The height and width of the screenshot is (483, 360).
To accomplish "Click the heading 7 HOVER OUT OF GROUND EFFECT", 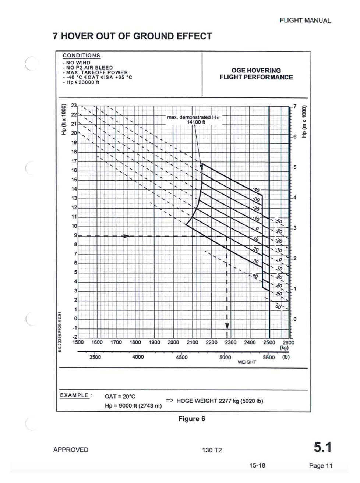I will [132, 36].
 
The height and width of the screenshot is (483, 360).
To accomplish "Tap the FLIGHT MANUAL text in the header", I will [305, 21].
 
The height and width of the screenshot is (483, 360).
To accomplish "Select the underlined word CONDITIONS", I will [81, 56].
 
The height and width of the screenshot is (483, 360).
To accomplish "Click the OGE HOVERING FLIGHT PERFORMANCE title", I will [256, 74].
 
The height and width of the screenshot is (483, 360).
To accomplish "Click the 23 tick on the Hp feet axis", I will [74, 106].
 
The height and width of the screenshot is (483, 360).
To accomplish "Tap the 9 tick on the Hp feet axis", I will [75, 235].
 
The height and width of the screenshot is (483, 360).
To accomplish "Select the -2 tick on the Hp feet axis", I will [74, 337].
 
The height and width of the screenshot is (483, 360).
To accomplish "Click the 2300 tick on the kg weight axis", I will [230, 342].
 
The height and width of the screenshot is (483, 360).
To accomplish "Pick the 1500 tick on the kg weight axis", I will [78, 342].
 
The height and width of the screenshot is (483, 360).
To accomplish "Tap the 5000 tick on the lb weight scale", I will [225, 357].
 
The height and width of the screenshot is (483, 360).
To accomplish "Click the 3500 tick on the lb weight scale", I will [95, 357].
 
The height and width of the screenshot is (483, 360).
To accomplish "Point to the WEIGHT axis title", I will [247, 362].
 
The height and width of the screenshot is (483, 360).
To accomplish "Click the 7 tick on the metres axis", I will [294, 106].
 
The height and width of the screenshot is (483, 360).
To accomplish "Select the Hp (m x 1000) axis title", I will [304, 122].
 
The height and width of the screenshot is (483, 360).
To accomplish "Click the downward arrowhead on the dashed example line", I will [227, 326].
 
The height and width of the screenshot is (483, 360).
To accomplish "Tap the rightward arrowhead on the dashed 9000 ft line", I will [126, 236].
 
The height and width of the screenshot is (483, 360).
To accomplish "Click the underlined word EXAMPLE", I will [75, 395].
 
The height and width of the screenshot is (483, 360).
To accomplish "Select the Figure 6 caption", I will [191, 419].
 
